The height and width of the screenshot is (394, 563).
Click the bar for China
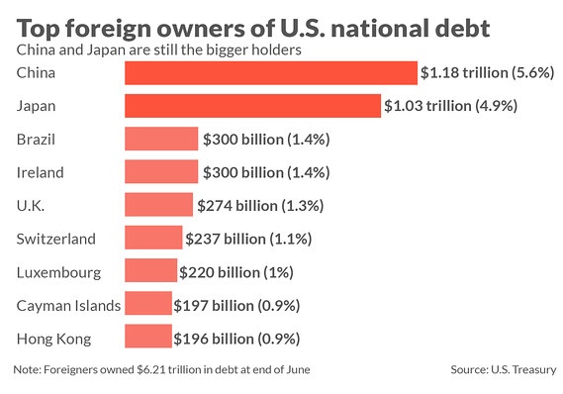[270, 72]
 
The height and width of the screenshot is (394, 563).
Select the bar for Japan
[252, 106]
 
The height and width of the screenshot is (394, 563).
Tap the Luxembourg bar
[150, 271]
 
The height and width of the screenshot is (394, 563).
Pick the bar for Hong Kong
[147, 339]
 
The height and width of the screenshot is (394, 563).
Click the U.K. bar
[158, 205]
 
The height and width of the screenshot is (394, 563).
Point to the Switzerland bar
[153, 239]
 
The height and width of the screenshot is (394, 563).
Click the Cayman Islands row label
[68, 305]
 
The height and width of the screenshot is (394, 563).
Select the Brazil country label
[38, 139]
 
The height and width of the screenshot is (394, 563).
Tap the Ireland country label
[41, 172]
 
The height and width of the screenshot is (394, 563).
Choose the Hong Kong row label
[54, 339]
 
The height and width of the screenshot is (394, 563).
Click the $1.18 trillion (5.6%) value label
[486, 72]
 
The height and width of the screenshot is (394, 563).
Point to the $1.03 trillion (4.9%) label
[449, 106]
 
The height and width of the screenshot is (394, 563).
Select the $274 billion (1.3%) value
[260, 205]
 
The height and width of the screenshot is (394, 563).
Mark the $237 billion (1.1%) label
[249, 239]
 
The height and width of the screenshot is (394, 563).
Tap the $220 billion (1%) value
[236, 271]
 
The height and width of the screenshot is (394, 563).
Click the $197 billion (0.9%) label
[236, 305]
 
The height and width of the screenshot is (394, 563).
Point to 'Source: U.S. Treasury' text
[503, 369]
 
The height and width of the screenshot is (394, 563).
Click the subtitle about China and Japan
[158, 47]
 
